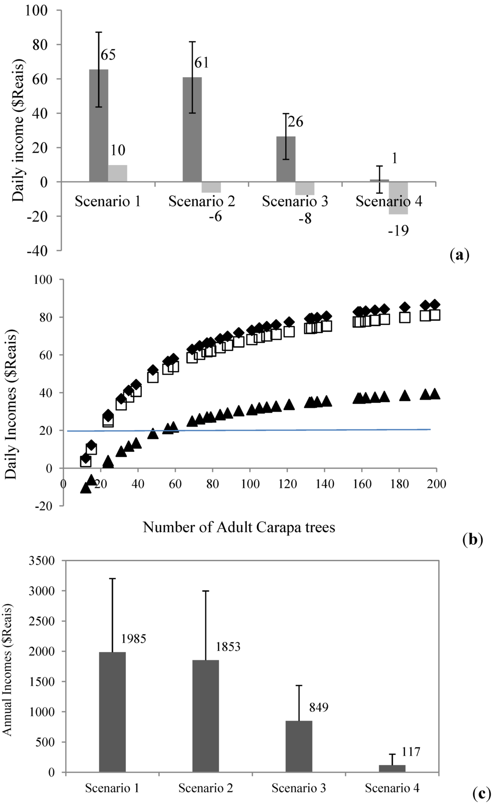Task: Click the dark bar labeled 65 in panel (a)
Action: (x=99, y=125)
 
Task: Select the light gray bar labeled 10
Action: (x=118, y=173)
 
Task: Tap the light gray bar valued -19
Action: (x=398, y=198)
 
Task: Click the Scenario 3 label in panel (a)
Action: (x=295, y=201)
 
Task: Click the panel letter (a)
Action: (x=459, y=254)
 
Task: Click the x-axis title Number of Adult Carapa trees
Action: (x=239, y=527)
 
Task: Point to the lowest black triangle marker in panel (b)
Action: (x=86, y=488)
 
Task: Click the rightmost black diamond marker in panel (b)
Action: (x=435, y=305)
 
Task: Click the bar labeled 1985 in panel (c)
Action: (x=112, y=712)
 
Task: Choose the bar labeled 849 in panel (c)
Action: (x=299, y=746)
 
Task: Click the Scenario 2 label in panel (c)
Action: (x=206, y=788)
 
